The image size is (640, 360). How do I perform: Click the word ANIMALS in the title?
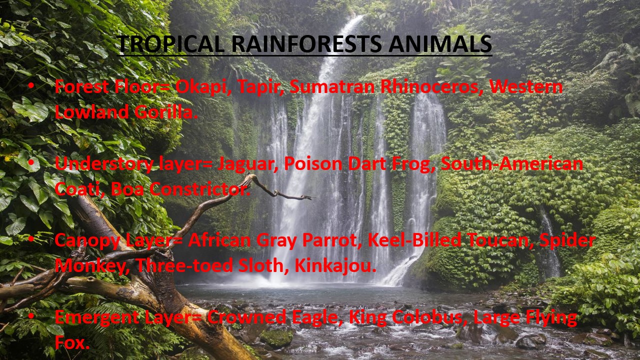440,44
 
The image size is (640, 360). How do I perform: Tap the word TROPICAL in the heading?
170,44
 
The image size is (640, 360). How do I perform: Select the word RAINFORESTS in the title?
306,44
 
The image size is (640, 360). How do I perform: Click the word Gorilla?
166,112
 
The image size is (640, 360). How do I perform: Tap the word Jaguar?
247,164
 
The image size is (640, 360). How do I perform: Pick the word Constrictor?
199,189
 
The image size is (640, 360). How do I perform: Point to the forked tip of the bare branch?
309,197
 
